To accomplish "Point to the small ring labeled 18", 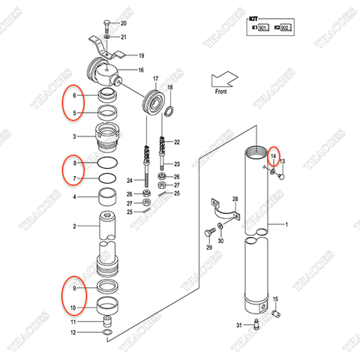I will coord(169,112).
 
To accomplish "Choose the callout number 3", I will coord(73,137).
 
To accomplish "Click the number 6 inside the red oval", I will coord(73,97).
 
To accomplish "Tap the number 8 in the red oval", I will coord(73,163).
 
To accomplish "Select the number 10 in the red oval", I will coord(73,307).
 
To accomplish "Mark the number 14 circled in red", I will coord(274,155).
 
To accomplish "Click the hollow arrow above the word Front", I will coord(224,78).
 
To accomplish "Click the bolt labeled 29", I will coord(206,233).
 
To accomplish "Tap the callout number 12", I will coord(73,332).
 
